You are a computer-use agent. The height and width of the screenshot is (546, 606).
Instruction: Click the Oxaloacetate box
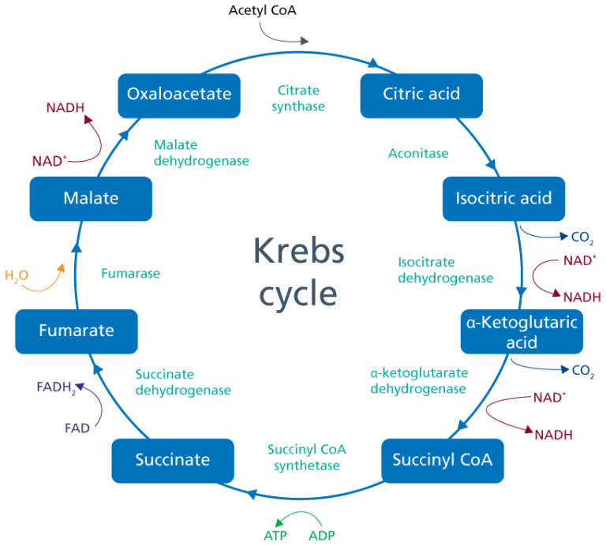tap(179, 95)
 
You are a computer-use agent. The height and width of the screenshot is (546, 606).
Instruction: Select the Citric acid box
tap(421, 95)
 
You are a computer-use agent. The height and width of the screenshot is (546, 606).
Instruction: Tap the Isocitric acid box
tap(503, 198)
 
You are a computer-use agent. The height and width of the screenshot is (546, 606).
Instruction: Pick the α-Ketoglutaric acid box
tap(522, 331)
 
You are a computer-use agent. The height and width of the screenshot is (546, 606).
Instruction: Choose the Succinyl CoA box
tap(442, 459)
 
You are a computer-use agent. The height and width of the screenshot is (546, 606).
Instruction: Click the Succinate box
tap(173, 459)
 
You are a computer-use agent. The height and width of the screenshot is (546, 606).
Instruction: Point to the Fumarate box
tap(76, 331)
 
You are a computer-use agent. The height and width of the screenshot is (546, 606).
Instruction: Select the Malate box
tap(90, 198)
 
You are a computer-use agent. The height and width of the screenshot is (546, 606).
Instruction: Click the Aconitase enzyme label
tap(417, 154)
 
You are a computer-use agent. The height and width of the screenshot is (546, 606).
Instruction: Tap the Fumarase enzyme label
tap(130, 275)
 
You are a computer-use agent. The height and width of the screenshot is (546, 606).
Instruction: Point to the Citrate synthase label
tap(298, 99)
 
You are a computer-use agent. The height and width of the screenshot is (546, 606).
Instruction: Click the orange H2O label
tap(17, 276)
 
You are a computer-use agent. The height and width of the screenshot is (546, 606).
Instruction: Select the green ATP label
tap(275, 536)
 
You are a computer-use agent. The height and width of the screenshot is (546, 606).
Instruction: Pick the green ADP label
tap(322, 536)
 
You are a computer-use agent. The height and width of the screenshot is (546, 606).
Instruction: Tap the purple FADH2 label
tap(56, 388)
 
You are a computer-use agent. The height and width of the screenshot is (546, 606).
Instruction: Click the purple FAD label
tap(77, 428)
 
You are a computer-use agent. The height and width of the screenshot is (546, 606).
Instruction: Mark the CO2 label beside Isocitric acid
tap(582, 237)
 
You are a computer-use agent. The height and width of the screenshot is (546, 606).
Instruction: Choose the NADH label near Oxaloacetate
tap(65, 107)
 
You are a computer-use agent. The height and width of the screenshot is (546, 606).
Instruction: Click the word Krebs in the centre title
tap(299, 252)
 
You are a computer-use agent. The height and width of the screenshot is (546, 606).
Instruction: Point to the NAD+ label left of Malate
tap(49, 161)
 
